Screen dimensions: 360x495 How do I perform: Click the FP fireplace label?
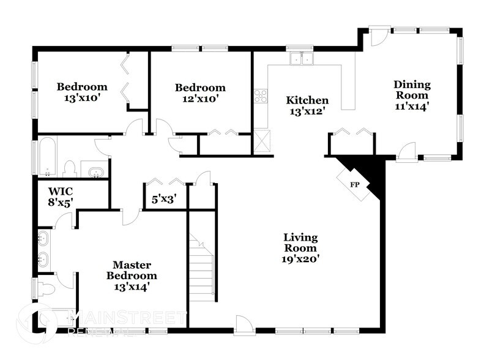[354, 184]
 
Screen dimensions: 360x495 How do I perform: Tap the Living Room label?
[300, 248]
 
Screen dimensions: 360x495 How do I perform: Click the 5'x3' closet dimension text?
[165, 199]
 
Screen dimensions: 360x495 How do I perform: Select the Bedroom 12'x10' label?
[199, 92]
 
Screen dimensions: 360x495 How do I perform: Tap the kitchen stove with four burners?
[261, 96]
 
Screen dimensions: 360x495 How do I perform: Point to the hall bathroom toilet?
[69, 168]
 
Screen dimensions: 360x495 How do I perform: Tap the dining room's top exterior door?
[378, 37]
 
